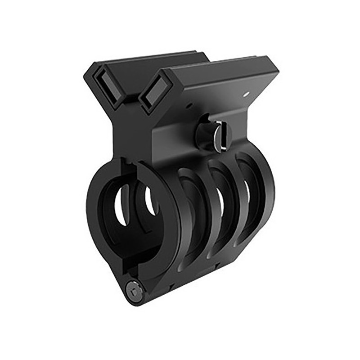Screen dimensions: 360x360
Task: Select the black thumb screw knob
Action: click(205, 132)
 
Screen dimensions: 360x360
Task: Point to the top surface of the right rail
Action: click(216, 67)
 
